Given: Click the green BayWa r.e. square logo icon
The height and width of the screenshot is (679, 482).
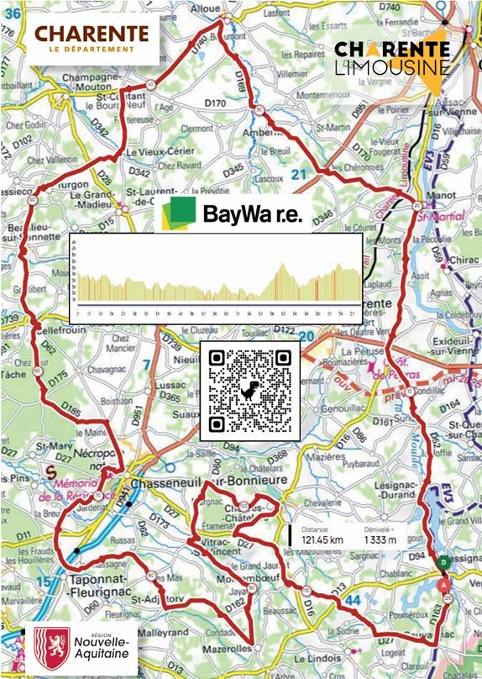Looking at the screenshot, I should click(x=180, y=213).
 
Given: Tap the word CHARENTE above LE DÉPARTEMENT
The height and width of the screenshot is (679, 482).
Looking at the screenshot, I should click(x=92, y=34).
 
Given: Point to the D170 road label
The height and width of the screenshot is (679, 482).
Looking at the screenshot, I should click(x=216, y=104).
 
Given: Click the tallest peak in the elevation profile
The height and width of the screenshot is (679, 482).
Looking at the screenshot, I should click(x=282, y=266).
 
